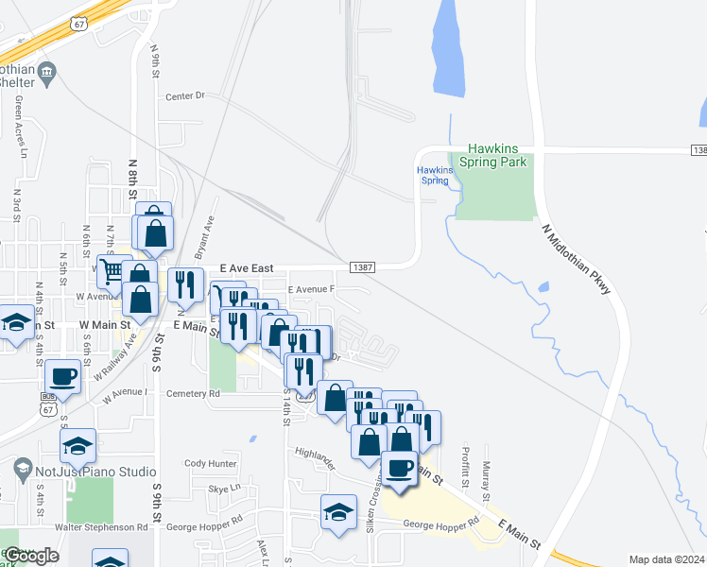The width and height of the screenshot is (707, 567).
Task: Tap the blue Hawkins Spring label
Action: pyautogui.click(x=434, y=175)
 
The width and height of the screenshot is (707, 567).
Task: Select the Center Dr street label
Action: pyautogui.click(x=184, y=96)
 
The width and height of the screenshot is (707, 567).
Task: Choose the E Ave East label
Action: pyautogui.click(x=246, y=268)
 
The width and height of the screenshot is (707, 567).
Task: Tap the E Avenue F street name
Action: pyautogui.click(x=311, y=289)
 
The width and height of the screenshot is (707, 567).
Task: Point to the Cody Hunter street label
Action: pyautogui.click(x=210, y=463)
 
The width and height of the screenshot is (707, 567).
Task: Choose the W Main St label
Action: pyautogui.click(x=103, y=324)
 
